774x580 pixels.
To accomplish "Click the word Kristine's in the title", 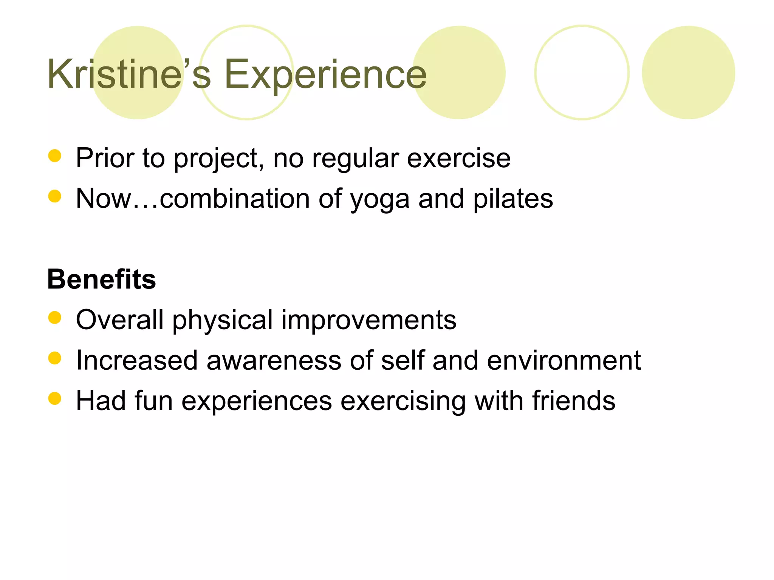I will tap(128, 74).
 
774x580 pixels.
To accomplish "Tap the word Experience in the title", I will tap(325, 74).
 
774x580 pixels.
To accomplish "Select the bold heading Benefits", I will tap(101, 279).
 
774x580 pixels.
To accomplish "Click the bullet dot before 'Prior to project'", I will tap(55, 156).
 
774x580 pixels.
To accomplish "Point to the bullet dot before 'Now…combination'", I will tap(55, 196).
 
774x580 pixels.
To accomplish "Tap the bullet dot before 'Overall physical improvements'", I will tap(55, 318).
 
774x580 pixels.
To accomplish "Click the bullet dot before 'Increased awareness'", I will tap(55, 358).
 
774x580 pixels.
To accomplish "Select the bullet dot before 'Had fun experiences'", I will tap(55, 398).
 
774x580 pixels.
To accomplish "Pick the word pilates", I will tap(513, 199).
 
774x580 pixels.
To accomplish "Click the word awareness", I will tap(274, 361).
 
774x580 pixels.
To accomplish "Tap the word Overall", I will tap(120, 320).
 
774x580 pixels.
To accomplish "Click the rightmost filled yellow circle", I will tap(688, 72).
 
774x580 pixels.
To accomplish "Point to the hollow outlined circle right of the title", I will tap(582, 72).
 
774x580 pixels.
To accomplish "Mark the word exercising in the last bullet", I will tap(403, 401).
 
